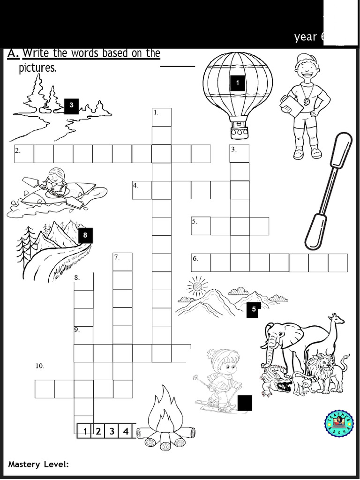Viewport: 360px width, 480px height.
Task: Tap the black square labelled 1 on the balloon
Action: [238, 83]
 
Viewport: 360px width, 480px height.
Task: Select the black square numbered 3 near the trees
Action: [71, 105]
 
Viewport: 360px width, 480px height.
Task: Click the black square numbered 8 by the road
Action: [85, 235]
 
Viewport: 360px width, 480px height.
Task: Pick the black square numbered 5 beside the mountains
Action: [253, 309]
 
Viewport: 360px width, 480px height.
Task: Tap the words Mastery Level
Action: [38, 464]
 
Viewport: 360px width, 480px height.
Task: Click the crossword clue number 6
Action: [195, 258]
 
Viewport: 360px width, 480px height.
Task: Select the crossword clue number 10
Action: [40, 366]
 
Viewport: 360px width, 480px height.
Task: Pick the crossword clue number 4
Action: [135, 185]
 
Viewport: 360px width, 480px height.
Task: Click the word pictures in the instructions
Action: [37, 68]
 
